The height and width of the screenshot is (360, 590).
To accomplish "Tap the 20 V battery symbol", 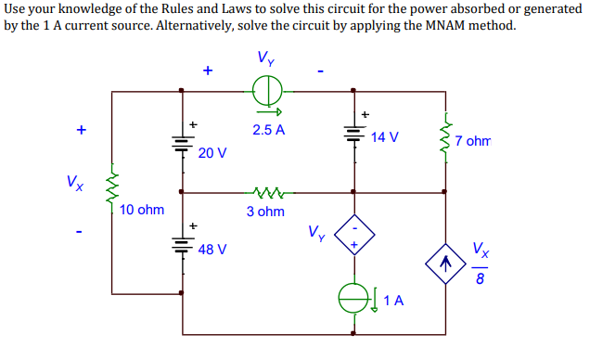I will pyautogui.click(x=181, y=143).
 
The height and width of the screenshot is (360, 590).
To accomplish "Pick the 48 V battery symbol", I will pyautogui.click(x=181, y=245).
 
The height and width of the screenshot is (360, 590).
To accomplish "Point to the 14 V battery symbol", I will pyautogui.click(x=353, y=133).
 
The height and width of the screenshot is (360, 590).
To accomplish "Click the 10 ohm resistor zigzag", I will pyautogui.click(x=111, y=190).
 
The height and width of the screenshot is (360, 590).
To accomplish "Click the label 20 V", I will pyautogui.click(x=212, y=152).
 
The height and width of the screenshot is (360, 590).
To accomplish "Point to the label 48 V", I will pyautogui.click(x=212, y=251).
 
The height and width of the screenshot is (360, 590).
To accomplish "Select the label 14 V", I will pyautogui.click(x=385, y=137).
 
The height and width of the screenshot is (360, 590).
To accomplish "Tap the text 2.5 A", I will pyautogui.click(x=268, y=130).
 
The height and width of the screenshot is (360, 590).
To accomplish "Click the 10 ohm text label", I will pyautogui.click(x=142, y=210).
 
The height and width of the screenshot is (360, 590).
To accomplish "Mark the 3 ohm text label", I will pyautogui.click(x=265, y=212).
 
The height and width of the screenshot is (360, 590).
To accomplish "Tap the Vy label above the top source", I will pyautogui.click(x=266, y=58).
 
